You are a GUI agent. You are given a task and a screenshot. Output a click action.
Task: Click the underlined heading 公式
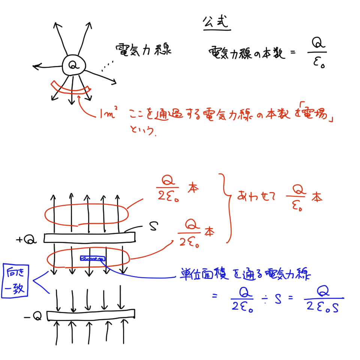216,22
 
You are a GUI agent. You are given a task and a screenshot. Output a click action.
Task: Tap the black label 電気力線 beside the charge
143,50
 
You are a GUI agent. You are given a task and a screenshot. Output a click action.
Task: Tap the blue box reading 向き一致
15,281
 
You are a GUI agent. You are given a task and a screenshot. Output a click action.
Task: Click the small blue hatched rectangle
93,258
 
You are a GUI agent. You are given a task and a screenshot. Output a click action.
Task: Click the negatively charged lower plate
91,315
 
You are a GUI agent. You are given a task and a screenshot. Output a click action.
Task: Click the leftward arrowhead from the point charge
36,67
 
